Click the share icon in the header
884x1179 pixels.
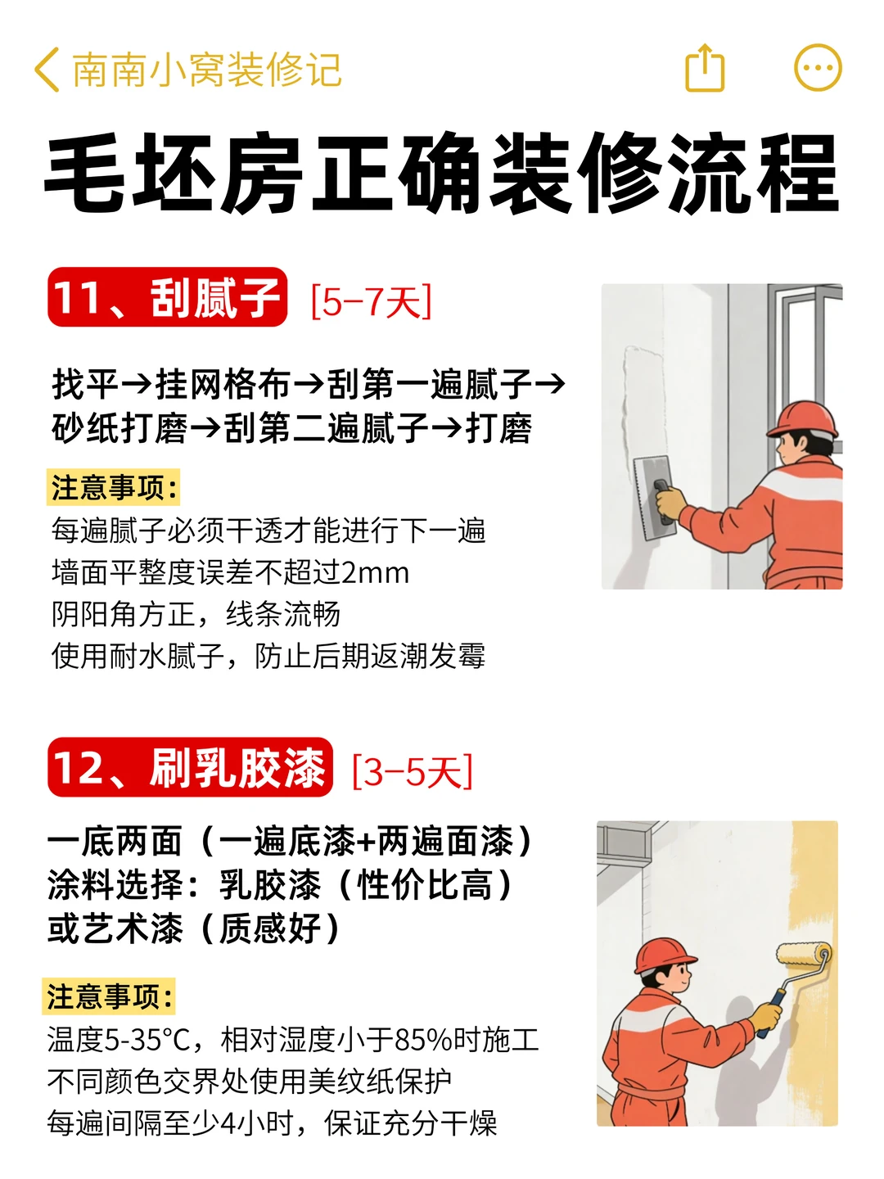click(x=705, y=68)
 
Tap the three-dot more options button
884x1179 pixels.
click(x=818, y=68)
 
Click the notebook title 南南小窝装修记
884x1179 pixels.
click(x=207, y=70)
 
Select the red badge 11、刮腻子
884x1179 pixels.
click(x=168, y=296)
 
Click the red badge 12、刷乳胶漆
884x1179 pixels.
click(x=190, y=767)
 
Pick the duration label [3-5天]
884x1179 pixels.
click(x=413, y=771)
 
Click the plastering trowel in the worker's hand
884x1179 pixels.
click(x=654, y=497)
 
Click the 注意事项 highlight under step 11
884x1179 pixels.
click(x=113, y=487)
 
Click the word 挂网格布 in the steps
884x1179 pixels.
click(x=223, y=385)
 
